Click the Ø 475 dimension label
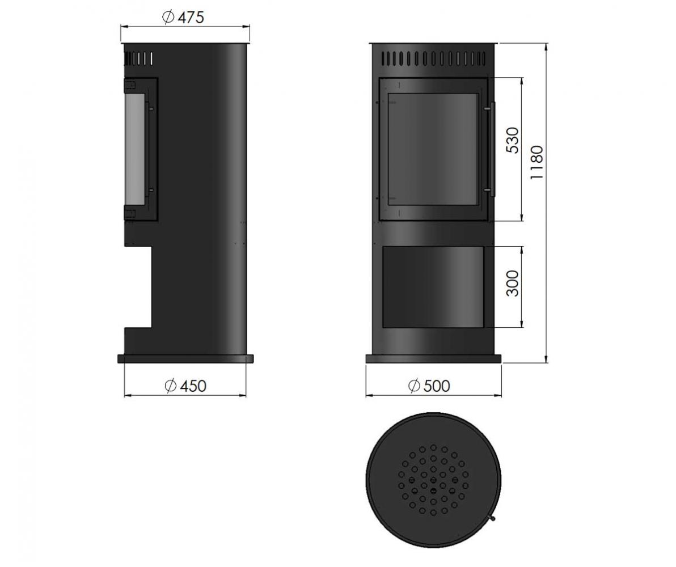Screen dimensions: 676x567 [x=183, y=17]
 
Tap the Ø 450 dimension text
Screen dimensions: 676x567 [x=185, y=386]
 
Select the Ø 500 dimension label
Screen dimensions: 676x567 [x=429, y=386]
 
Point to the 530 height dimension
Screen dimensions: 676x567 [x=513, y=140]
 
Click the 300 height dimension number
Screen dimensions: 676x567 [x=513, y=283]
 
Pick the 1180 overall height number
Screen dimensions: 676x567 [x=537, y=163]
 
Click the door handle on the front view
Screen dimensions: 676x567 [x=492, y=149]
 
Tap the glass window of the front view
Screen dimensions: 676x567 [x=433, y=149]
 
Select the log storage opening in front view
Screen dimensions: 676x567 [x=433, y=287]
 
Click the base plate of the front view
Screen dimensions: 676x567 [x=433, y=358]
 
